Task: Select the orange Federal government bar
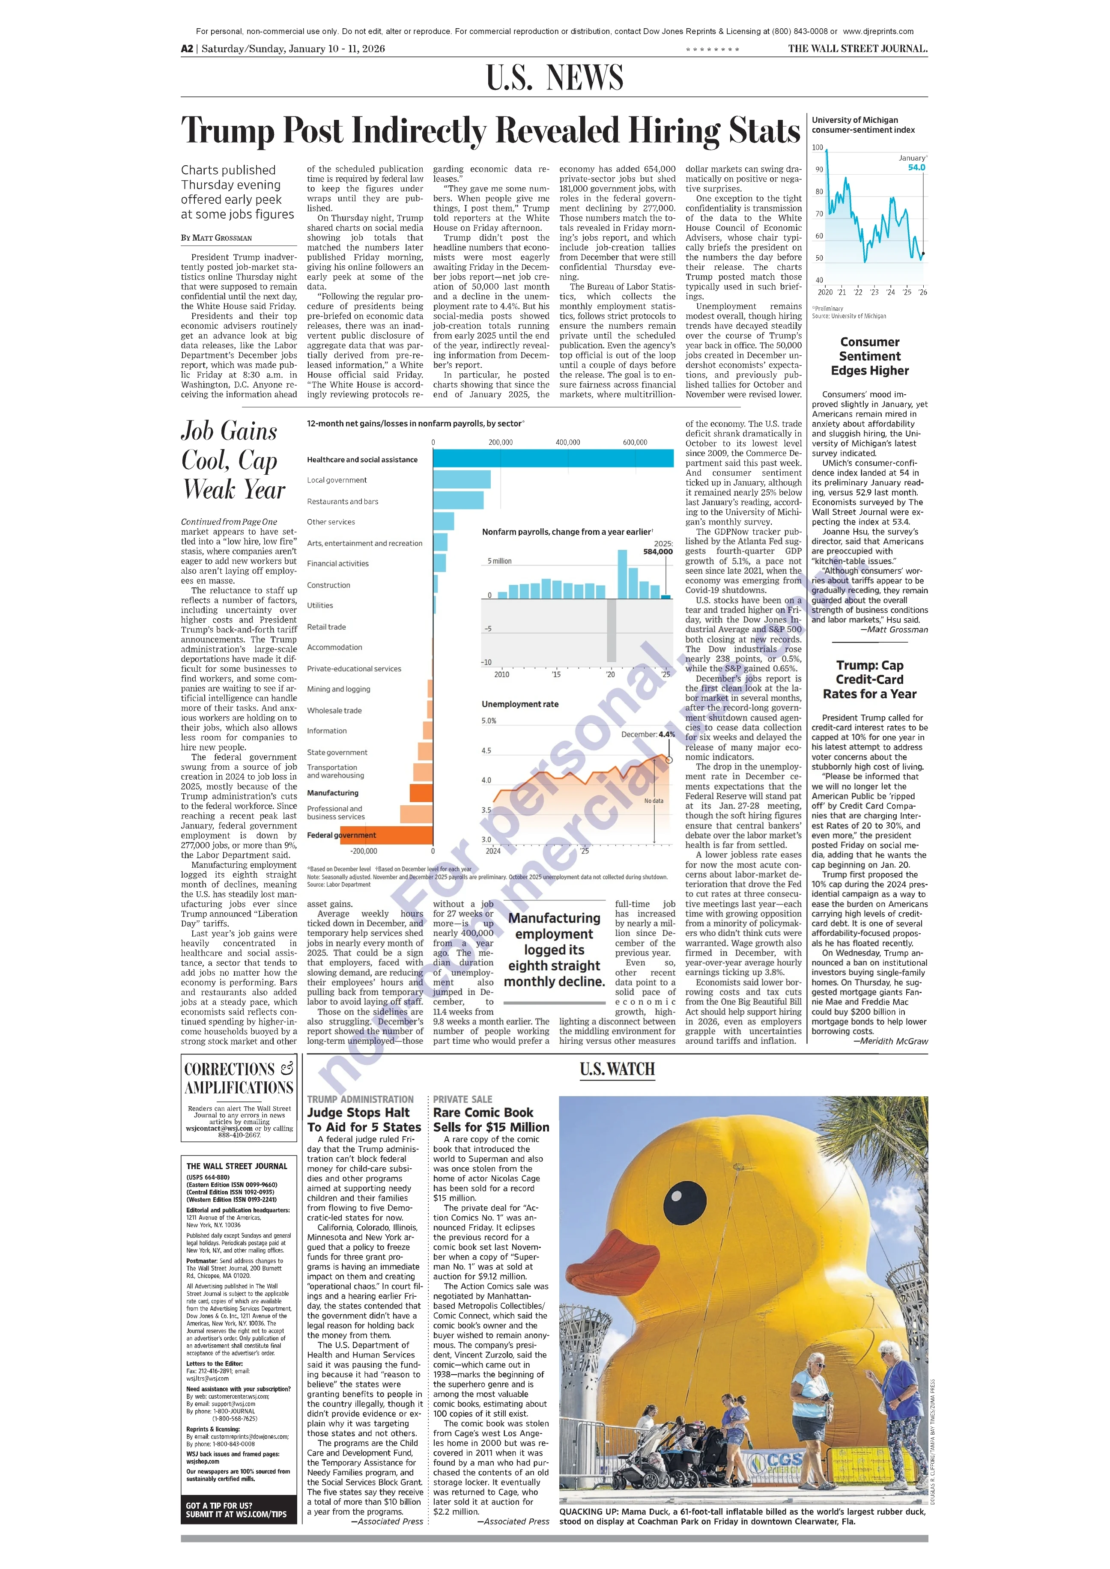[x=386, y=835]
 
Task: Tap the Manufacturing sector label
[x=332, y=793]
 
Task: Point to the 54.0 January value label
[x=916, y=167]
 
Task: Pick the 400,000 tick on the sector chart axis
[x=567, y=442]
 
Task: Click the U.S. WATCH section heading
[x=617, y=1069]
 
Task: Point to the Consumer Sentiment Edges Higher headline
[x=869, y=356]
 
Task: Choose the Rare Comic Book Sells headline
[x=491, y=1120]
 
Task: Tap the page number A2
[x=187, y=48]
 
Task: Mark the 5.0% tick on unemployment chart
[x=489, y=720]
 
